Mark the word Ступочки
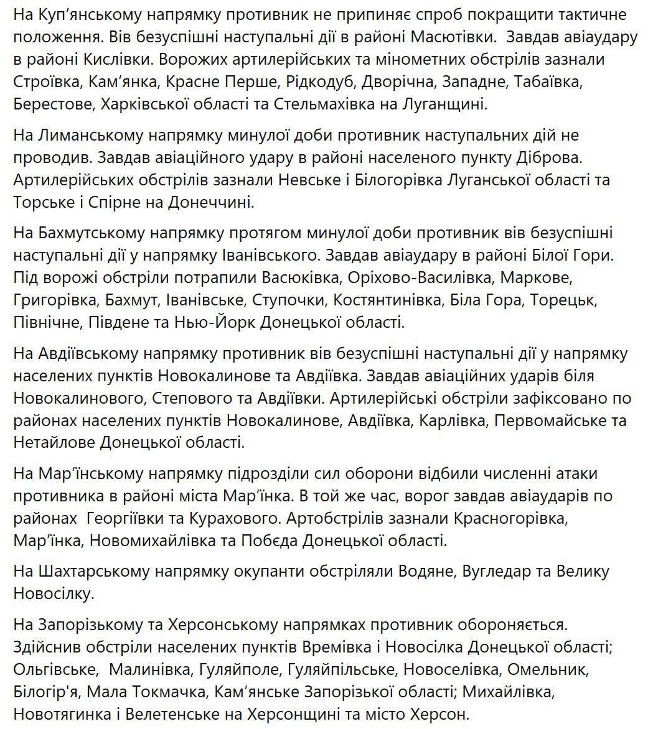pyautogui.click(x=288, y=301)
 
